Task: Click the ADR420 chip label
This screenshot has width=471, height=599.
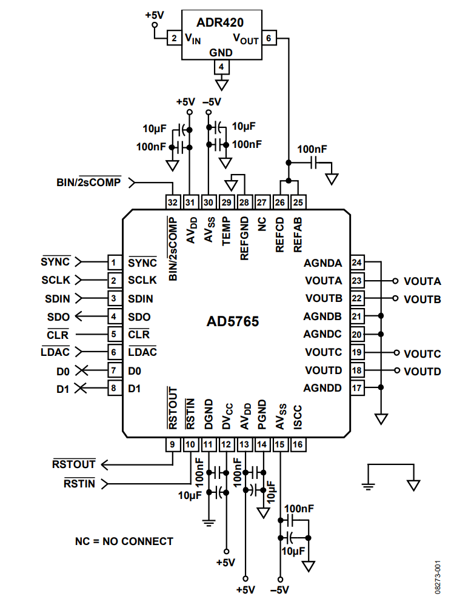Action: click(220, 23)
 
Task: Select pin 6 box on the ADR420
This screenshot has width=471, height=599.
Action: click(270, 38)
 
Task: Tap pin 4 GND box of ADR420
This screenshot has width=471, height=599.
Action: click(222, 66)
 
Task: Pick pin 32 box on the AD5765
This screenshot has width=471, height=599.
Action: click(172, 202)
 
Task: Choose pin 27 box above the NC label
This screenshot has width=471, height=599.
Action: click(262, 202)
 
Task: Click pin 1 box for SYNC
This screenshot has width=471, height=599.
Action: click(113, 263)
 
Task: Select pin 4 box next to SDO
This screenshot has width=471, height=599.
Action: click(113, 316)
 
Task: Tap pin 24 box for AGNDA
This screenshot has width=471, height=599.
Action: click(357, 263)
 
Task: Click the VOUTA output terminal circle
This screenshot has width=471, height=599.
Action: click(396, 281)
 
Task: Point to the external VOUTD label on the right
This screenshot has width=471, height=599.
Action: click(423, 371)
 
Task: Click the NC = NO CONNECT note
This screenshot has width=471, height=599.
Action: click(124, 541)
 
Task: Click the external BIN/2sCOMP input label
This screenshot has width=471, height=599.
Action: click(89, 181)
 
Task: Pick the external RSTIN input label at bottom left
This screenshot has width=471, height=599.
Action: click(79, 483)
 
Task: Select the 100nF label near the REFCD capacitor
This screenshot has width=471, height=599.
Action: click(312, 149)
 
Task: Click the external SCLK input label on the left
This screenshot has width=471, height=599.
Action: click(55, 281)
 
